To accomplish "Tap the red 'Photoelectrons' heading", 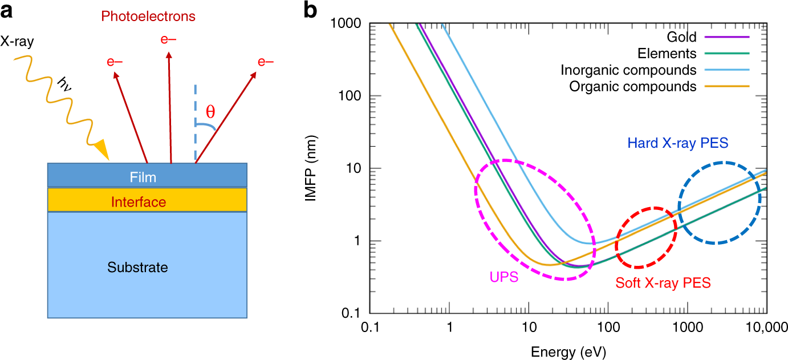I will [148, 17].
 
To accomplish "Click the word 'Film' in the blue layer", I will [143, 177].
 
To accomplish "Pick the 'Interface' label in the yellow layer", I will [139, 202].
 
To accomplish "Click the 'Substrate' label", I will [139, 267].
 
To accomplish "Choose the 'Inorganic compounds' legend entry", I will [628, 71].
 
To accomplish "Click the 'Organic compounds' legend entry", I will [633, 87].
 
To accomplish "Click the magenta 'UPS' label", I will [503, 278].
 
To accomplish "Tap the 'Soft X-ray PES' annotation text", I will [663, 283].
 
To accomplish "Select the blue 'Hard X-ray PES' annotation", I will [677, 144].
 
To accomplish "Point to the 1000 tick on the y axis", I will [349, 23].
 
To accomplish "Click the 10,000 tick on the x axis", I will [764, 328].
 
